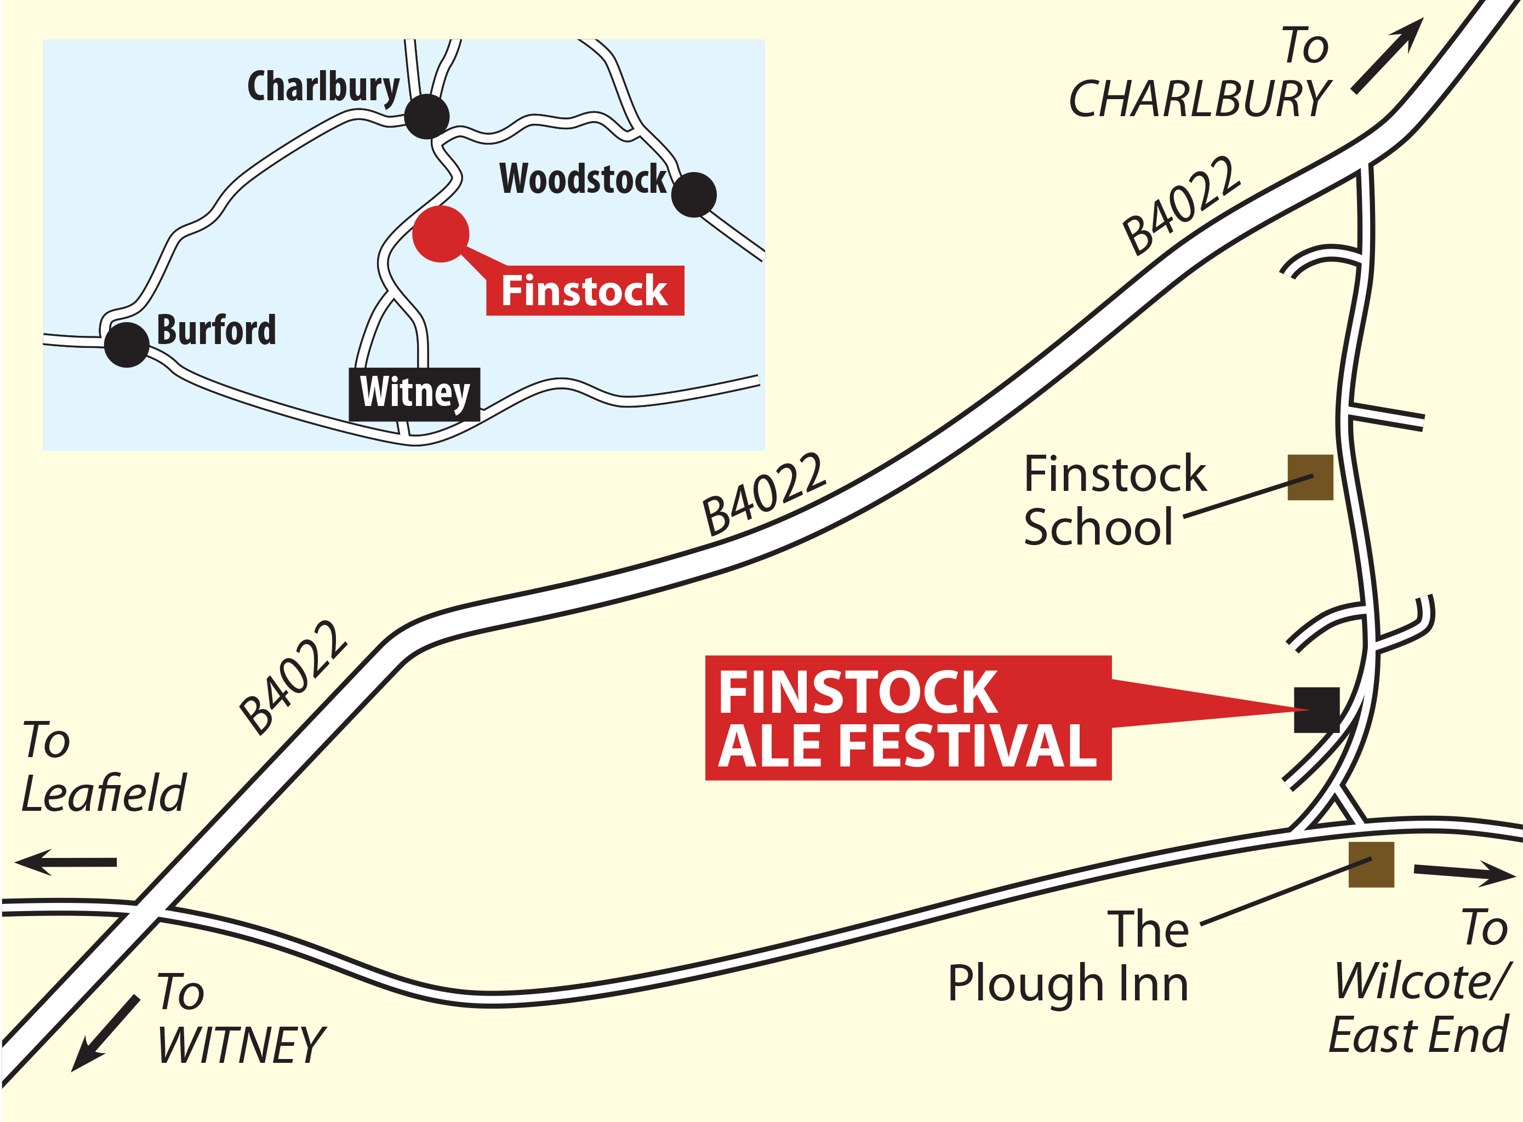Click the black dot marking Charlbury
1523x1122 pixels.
tap(426, 117)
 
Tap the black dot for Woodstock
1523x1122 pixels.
tap(694, 195)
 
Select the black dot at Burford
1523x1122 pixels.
tap(127, 345)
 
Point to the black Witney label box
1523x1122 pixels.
tap(414, 394)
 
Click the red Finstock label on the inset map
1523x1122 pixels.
tap(585, 291)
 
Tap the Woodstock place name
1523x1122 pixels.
tap(583, 179)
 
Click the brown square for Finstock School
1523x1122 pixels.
tap(1310, 478)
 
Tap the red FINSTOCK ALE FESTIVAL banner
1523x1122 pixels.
tap(908, 718)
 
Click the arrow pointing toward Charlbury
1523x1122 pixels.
tap(1387, 56)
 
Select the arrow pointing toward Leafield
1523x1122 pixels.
tap(66, 862)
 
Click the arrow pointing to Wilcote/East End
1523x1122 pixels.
tap(1464, 873)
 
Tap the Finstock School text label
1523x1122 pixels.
tap(1114, 501)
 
